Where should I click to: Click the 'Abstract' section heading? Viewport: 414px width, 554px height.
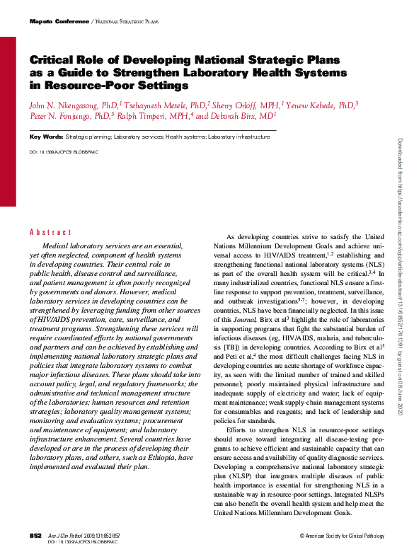click(50, 232)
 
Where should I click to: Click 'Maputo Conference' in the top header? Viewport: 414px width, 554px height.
click(59, 23)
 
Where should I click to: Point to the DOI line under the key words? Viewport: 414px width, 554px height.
click(64, 152)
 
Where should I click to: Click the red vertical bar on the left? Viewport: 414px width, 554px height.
click(8, 120)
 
